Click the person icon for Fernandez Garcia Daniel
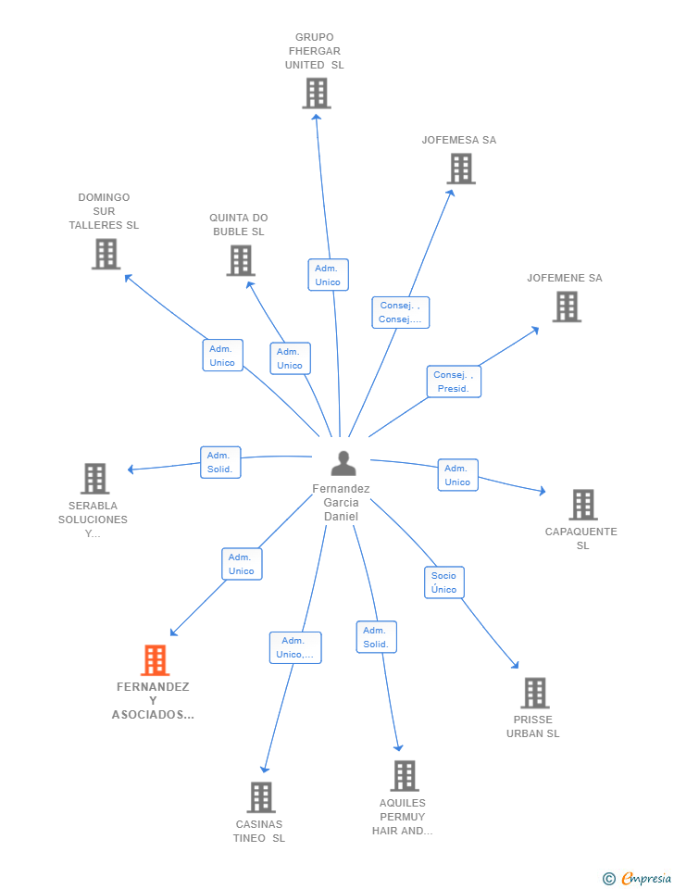point(343,463)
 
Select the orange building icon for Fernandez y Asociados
point(155,660)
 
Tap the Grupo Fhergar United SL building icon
point(317,93)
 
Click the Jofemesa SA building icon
point(460,169)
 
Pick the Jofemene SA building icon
point(567,307)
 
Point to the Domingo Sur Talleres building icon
point(106,254)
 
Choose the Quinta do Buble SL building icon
point(241,260)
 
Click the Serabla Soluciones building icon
point(95,479)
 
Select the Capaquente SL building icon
point(582,505)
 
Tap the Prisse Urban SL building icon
point(534,693)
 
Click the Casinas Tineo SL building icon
point(261,797)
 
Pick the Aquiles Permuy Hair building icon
point(405,776)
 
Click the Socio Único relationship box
point(443,582)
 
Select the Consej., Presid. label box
point(454,382)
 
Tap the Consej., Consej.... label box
point(400,312)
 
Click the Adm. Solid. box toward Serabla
point(220,462)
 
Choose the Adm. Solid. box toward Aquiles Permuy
point(376,637)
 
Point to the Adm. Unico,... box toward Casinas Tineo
point(295,647)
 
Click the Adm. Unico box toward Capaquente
point(457,475)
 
